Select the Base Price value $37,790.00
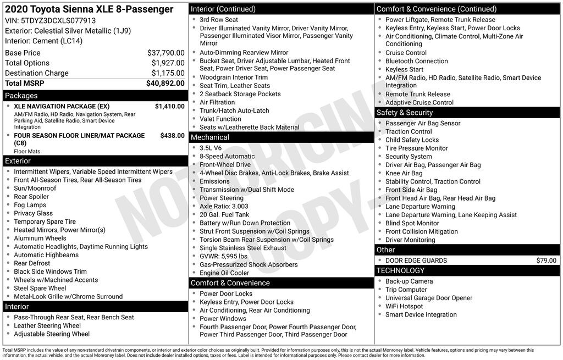tap(165, 53)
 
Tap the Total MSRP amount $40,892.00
tap(165, 84)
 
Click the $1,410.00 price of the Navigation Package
tap(169, 106)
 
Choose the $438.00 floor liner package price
tap(172, 135)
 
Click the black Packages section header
tap(95, 96)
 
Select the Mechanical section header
tap(281, 137)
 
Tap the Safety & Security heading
tap(467, 113)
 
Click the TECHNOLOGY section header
tap(467, 270)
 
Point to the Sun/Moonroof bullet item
tap(35, 189)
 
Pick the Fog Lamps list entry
tap(30, 205)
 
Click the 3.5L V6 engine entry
tap(211, 148)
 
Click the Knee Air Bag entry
tap(404, 173)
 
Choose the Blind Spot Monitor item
tap(412, 223)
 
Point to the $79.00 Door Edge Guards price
tap(546, 261)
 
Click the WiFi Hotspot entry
tap(404, 306)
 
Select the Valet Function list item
tap(220, 119)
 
